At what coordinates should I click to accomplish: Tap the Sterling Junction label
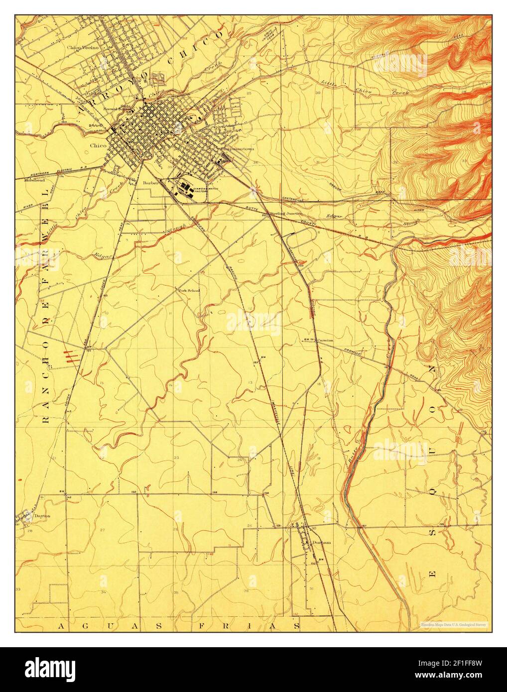pyautogui.click(x=286, y=213)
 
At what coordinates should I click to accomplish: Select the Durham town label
pyautogui.click(x=319, y=543)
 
